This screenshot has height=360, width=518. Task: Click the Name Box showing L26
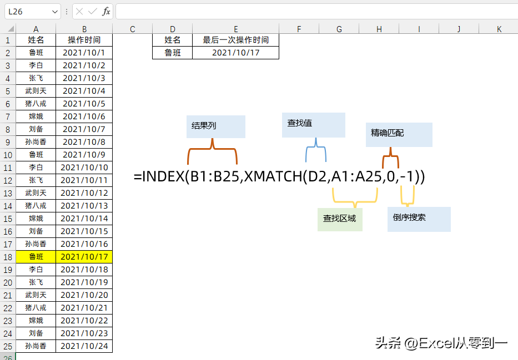coord(32,12)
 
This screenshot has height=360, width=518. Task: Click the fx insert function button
coord(105,12)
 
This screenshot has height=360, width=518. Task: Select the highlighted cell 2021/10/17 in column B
coord(84,257)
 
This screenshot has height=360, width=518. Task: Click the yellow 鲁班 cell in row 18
coord(36,257)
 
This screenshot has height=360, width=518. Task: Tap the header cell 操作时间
coord(84,40)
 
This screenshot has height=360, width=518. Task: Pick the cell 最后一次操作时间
coord(235,40)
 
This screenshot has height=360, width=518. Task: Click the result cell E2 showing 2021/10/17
coord(235,53)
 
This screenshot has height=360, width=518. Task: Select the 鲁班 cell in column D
coord(173,53)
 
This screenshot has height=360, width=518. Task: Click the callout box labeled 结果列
coord(216,126)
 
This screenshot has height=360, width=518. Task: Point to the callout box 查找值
coord(314,125)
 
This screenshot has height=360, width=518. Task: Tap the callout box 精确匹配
coord(399,135)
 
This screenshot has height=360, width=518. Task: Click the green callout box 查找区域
coord(340,220)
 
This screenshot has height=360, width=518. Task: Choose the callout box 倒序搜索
coord(419,219)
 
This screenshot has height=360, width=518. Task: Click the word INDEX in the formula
coord(163,176)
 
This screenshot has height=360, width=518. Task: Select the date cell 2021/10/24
coord(84,346)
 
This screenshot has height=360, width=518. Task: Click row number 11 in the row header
coord(8,168)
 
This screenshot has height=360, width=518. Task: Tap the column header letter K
coord(499,29)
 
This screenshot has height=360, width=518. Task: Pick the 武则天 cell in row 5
coord(36,91)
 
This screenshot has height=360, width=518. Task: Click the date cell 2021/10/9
coord(84,155)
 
